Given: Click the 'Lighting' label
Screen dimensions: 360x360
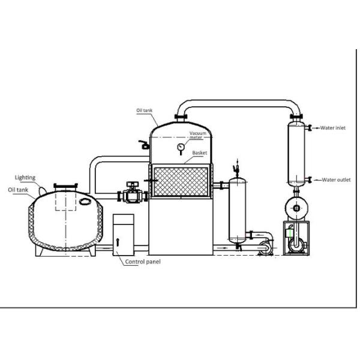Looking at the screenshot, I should click(26, 178).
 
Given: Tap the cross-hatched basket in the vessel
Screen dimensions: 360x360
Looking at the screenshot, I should click(181, 182).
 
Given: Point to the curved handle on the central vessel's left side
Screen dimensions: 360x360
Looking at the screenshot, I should click(142, 145).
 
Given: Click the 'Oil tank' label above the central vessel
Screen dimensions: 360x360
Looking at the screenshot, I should click(147, 111).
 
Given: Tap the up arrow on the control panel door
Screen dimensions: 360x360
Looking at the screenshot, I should click(119, 241).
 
